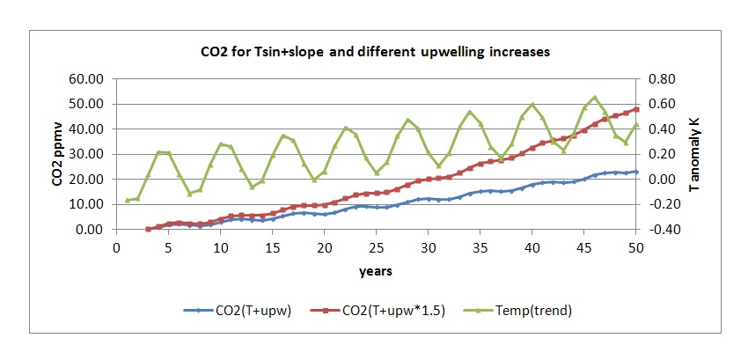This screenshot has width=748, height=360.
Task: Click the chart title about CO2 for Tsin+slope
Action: click(x=374, y=52)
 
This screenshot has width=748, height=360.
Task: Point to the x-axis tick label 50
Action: click(x=635, y=247)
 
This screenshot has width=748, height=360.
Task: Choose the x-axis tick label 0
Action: click(x=117, y=247)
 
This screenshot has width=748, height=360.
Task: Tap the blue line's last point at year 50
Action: click(x=635, y=172)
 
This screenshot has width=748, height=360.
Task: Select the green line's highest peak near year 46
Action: click(x=594, y=98)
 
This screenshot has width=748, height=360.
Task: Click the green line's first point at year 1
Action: click(x=127, y=201)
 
